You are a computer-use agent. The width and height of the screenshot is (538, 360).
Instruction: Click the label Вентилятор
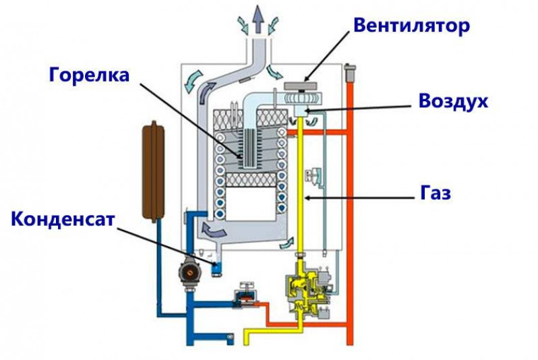coord(411,26)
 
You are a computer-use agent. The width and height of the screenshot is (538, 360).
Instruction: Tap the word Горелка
coord(89,74)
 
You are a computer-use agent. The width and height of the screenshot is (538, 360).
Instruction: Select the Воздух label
coord(453,101)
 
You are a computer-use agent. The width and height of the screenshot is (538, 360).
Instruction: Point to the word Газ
coord(436,193)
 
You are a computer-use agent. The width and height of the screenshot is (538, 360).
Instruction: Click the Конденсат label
coord(63,219)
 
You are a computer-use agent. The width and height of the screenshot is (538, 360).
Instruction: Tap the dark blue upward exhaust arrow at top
coord(258,20)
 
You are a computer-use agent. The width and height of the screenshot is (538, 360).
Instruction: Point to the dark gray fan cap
coord(301,86)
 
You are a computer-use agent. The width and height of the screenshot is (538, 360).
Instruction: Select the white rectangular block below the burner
coord(251,203)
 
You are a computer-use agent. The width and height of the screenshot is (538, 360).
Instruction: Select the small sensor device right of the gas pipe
coord(315,175)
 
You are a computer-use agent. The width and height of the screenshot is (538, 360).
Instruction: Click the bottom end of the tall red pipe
coord(350,342)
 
